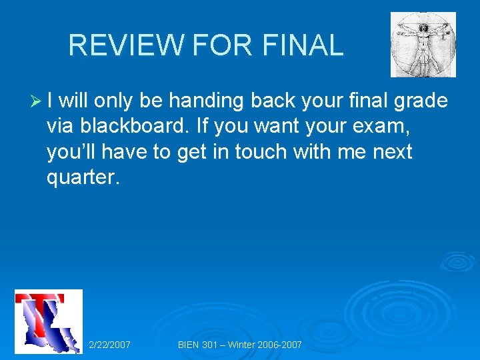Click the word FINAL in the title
[x=303, y=45]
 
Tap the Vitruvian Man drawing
[x=423, y=44]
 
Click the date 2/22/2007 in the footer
[x=109, y=345]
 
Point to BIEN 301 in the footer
[x=197, y=345]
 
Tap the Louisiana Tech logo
[x=49, y=321]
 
